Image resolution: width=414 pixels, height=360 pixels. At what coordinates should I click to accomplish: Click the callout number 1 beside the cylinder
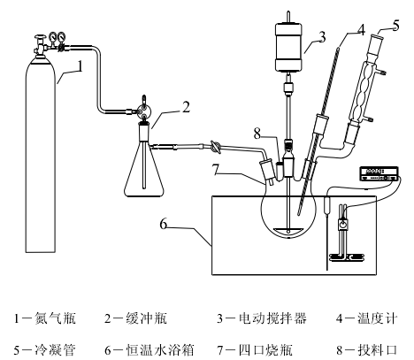[80, 66]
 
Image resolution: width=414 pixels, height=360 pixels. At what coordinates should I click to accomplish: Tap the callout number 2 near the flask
[186, 107]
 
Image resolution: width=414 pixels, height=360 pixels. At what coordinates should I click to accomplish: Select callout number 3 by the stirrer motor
[322, 37]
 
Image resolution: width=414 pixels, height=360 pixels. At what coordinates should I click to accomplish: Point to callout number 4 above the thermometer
[361, 30]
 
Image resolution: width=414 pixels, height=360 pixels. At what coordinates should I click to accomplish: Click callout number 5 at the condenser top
[396, 25]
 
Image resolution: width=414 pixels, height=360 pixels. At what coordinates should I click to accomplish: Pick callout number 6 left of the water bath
[164, 224]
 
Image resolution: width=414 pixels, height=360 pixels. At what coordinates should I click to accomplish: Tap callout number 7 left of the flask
[216, 169]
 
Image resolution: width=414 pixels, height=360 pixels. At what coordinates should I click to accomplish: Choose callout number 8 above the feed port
[257, 134]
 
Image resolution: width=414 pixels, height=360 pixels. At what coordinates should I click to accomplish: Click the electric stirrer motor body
[288, 47]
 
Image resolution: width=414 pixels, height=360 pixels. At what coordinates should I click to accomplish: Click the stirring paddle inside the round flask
[288, 230]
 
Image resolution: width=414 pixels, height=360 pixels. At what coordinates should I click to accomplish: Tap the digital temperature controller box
[379, 173]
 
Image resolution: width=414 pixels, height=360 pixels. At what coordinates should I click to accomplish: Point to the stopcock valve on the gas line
[216, 147]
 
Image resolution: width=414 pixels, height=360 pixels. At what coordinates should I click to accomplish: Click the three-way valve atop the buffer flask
[144, 111]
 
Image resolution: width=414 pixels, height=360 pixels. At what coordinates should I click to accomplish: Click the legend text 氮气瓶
[55, 318]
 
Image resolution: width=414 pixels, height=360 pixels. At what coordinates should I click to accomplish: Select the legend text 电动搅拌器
[272, 318]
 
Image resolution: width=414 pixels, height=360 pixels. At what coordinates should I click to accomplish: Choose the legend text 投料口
[378, 350]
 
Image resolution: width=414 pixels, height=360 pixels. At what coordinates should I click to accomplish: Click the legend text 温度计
[378, 318]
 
